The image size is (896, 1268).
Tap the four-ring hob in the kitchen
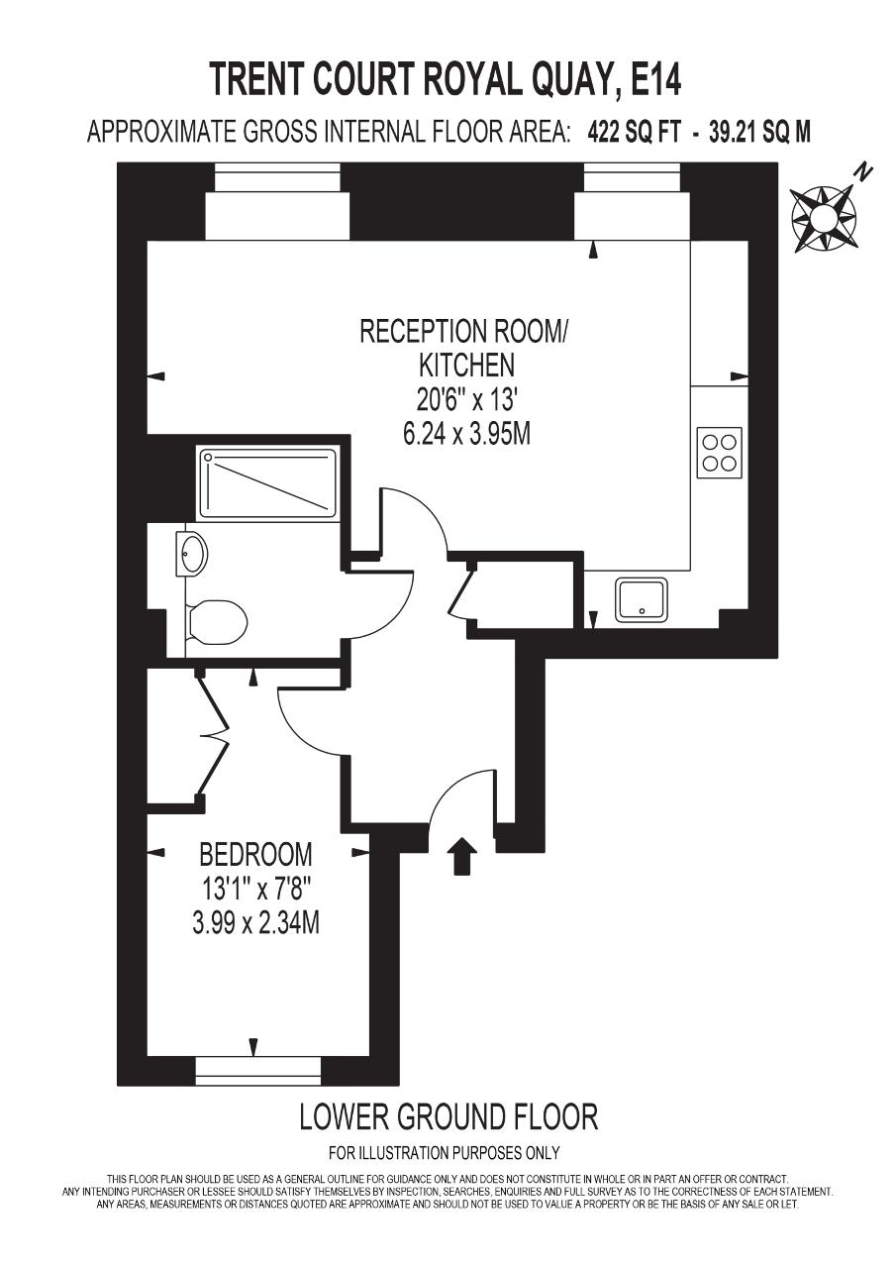[720, 453]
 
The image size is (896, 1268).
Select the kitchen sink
[642, 600]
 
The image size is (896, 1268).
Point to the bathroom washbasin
[192, 553]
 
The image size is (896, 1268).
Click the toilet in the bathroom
[217, 623]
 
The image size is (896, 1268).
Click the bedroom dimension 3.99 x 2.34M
[255, 924]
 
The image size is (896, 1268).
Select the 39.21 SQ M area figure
[759, 133]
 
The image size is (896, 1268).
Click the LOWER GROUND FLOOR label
[448, 1116]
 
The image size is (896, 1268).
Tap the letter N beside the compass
[864, 171]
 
